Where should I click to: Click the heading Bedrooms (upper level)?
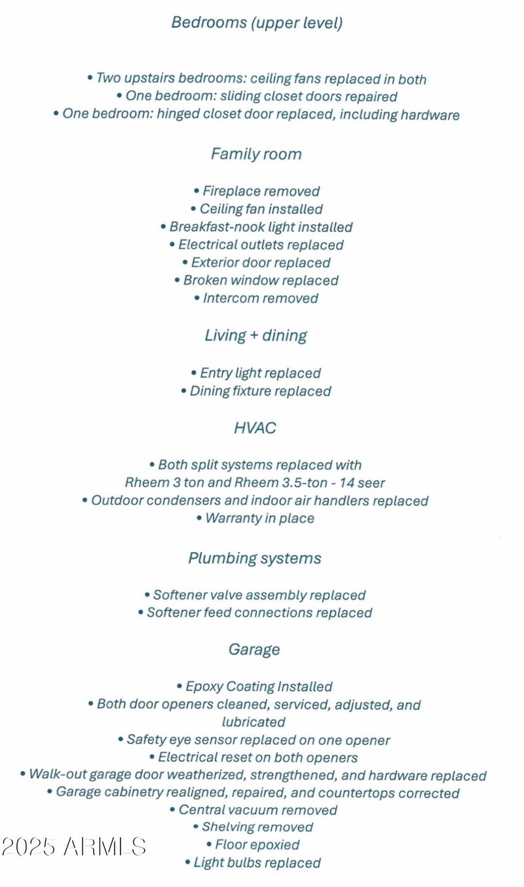pyautogui.click(x=257, y=23)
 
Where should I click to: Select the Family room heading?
pyautogui.click(x=256, y=155)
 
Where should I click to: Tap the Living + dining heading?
pyautogui.click(x=256, y=336)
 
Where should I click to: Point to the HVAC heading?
pyautogui.click(x=255, y=428)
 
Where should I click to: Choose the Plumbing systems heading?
pyautogui.click(x=255, y=559)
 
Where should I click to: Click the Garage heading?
pyautogui.click(x=254, y=650)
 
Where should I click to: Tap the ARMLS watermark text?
pyautogui.click(x=73, y=846)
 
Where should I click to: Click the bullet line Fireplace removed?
pyautogui.click(x=257, y=192)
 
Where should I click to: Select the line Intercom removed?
pyautogui.click(x=257, y=299)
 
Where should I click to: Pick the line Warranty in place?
pyautogui.click(x=255, y=519)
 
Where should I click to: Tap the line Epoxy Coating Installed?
pyautogui.click(x=255, y=687)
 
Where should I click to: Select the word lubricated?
pyautogui.click(x=254, y=723)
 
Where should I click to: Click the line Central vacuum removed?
pyautogui.click(x=254, y=810)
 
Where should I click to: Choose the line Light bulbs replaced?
pyautogui.click(x=253, y=863)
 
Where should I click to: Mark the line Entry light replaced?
pyautogui.click(x=256, y=373)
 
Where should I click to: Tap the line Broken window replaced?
pyautogui.click(x=256, y=281)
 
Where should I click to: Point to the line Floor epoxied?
pyautogui.click(x=253, y=845)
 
